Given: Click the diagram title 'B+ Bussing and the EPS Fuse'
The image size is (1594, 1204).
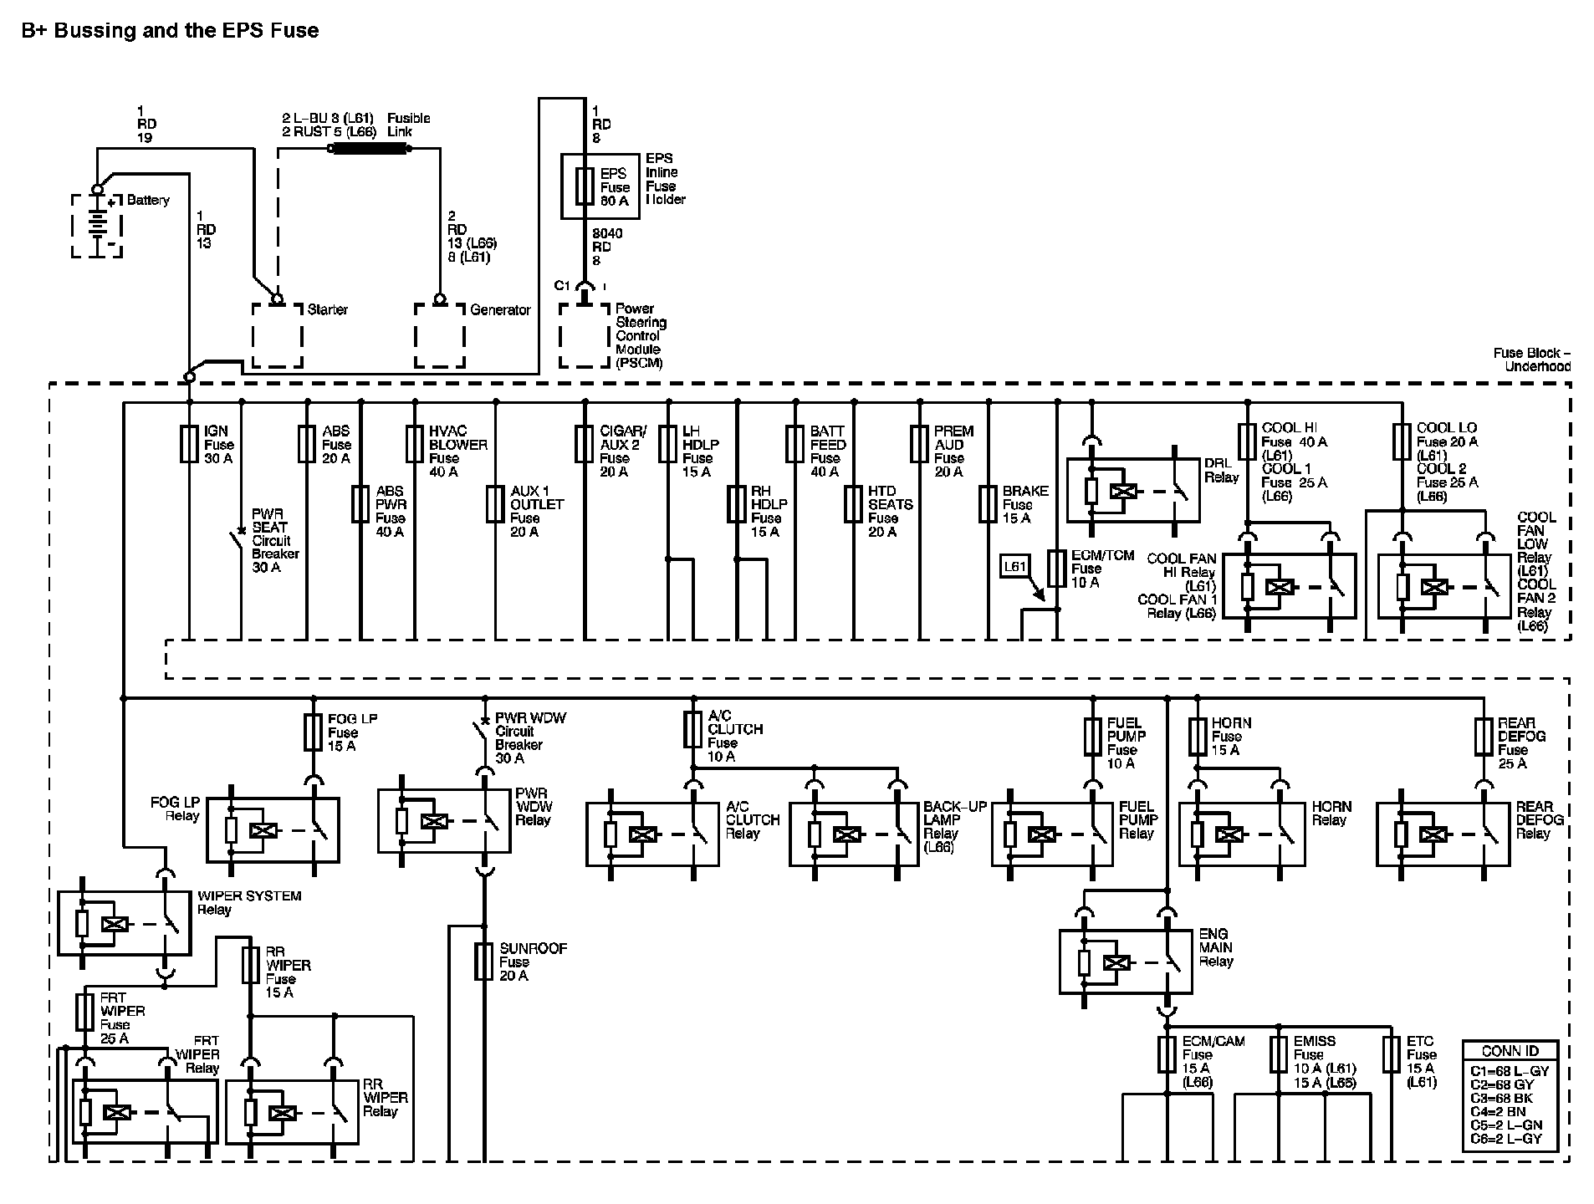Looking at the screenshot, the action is coord(171,31).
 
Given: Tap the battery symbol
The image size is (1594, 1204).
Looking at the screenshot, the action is coord(96,225).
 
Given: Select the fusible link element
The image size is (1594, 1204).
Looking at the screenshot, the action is coord(370,149).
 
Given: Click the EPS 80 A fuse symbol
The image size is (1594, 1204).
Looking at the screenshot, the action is coord(584,186).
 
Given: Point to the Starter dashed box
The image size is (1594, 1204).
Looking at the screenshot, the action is coord(278,335).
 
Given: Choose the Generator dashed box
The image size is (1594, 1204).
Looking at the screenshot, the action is coord(440,335).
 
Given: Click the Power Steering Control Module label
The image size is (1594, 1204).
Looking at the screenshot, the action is coord(641,335).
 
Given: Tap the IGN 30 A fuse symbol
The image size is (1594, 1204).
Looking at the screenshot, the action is coord(189,444).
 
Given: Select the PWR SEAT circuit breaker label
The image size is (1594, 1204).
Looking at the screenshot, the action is coord(275,540).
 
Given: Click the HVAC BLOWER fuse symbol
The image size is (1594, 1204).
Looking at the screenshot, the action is coord(415,444).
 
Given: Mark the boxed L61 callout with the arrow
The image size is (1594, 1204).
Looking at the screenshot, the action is coord(1014,567).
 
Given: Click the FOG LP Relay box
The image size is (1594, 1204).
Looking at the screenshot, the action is coord(273,829).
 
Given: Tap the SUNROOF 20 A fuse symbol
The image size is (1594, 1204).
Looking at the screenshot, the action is coord(483,961).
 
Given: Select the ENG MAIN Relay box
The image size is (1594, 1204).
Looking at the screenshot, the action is coord(1126,962).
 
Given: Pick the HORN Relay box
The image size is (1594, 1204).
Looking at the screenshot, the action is coord(1242,834).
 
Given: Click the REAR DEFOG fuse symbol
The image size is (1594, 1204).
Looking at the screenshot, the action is coord(1484,737).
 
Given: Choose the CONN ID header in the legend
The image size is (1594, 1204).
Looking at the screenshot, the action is coord(1510,1051).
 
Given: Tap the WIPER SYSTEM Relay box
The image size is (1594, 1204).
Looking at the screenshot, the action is coord(124,923).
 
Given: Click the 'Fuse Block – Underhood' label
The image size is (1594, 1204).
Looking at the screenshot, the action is coord(1532,360).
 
